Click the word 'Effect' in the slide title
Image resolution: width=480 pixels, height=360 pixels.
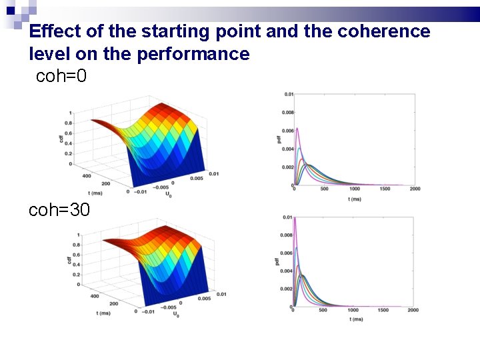[53, 31]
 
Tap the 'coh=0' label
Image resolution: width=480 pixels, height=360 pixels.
[61, 76]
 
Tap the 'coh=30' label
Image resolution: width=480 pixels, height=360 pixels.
[59, 210]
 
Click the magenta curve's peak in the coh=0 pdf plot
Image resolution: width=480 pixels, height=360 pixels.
[297, 128]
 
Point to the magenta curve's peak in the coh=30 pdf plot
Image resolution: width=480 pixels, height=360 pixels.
[295, 220]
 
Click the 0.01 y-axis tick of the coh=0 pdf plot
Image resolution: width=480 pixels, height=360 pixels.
[287, 95]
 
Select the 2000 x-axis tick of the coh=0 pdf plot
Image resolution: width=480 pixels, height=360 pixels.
[415, 189]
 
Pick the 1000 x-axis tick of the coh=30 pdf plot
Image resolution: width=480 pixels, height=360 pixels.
[353, 310]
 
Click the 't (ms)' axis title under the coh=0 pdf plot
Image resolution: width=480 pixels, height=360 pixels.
[355, 198]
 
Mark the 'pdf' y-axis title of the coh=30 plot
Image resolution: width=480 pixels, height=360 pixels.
[276, 262]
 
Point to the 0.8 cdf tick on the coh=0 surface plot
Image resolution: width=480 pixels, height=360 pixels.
[69, 123]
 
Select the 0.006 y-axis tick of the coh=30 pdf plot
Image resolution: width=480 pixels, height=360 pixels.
[286, 253]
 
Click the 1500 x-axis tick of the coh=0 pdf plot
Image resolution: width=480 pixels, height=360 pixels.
[385, 189]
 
